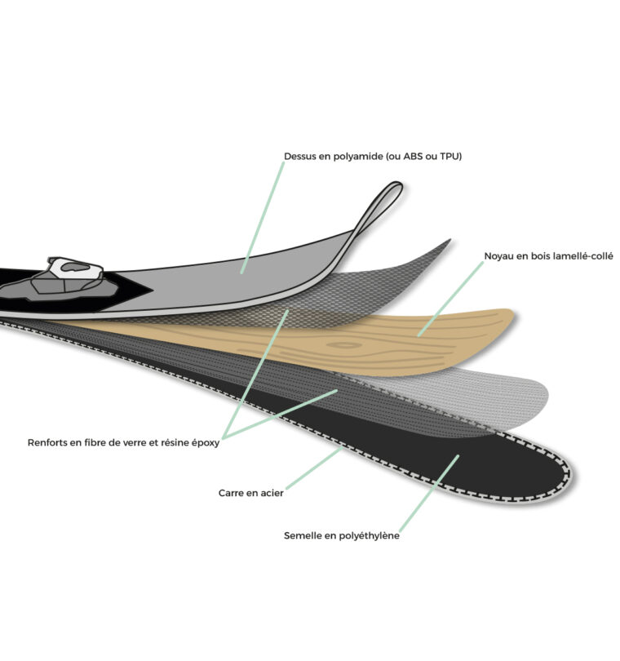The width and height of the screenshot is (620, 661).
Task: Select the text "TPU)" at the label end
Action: coord(451,157)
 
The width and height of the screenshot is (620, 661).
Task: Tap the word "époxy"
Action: coord(206,443)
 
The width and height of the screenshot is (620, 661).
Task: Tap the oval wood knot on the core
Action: coord(344,345)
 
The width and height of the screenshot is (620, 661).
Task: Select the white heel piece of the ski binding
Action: coord(75,268)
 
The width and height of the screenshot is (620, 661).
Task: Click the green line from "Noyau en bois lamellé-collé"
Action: coord(450,299)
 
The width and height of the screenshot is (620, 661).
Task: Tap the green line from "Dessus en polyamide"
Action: coord(263,218)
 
